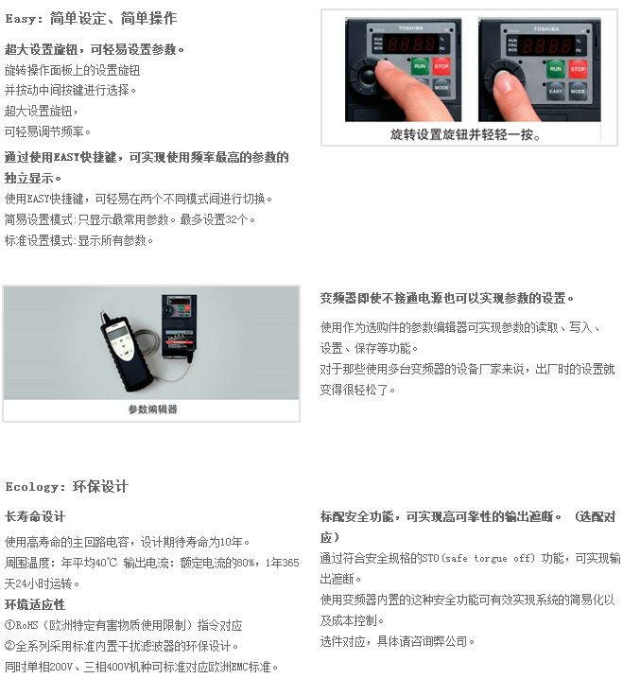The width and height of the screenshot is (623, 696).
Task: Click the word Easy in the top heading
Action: pos(21,19)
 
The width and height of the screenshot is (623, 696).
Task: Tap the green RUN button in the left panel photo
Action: pos(420,66)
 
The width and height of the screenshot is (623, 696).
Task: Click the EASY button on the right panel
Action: pos(556,91)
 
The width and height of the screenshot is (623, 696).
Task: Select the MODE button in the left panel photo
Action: pos(441,87)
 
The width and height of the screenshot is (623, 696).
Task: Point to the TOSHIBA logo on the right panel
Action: pos(546,29)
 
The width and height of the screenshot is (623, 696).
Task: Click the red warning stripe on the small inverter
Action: pos(180,342)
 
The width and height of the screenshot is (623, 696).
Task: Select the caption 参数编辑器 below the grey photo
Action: pos(152,409)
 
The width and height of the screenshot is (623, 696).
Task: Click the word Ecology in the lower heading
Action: pos(31,487)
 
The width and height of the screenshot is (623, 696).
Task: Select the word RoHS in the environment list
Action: pos(26,625)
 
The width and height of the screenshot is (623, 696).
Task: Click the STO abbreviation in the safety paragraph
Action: pos(430,558)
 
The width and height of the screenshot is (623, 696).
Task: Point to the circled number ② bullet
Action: pos(9,646)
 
